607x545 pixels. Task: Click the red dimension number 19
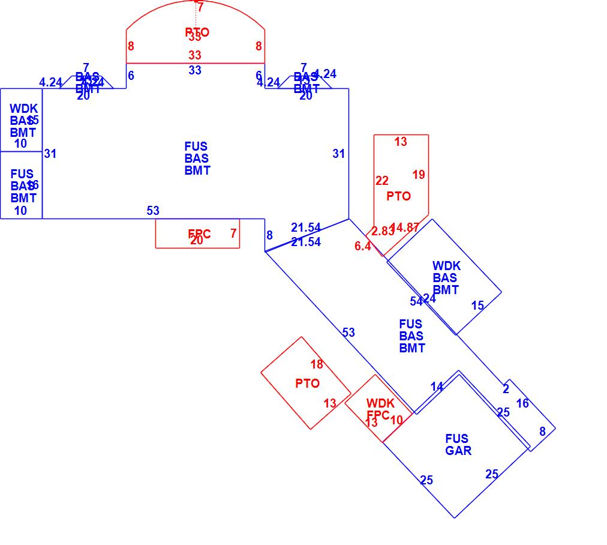(x=419, y=175)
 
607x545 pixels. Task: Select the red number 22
(x=382, y=181)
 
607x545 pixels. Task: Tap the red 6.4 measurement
(x=363, y=246)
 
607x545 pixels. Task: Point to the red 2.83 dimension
(x=381, y=231)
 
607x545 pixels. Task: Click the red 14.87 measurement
(x=405, y=227)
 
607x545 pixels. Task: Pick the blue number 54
(x=416, y=301)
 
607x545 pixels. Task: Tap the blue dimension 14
(x=437, y=387)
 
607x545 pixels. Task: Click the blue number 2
(x=506, y=390)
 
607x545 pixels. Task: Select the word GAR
(x=458, y=451)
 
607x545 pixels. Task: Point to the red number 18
(x=317, y=364)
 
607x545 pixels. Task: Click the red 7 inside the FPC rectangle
(x=233, y=234)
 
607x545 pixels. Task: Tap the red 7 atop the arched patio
(x=200, y=8)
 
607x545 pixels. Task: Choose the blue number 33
(x=195, y=70)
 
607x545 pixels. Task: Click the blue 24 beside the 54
(x=429, y=299)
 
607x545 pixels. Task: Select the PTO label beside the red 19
(x=399, y=196)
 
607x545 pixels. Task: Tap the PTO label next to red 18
(x=308, y=384)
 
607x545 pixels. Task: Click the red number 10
(x=396, y=420)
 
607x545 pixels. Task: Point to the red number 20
(x=197, y=241)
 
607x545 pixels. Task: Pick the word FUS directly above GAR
(x=457, y=439)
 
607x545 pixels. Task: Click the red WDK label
(x=380, y=404)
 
